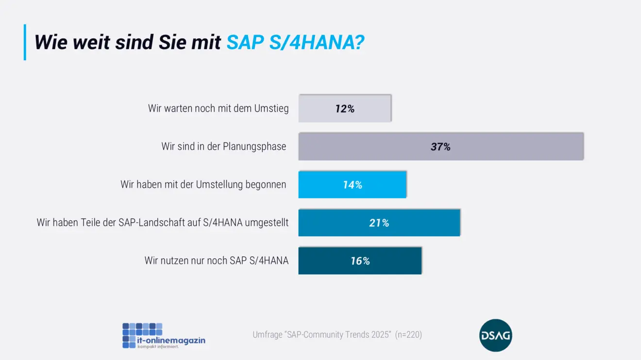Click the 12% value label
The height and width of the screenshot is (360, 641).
pos(345,109)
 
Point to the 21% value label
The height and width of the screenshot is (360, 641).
pos(379,223)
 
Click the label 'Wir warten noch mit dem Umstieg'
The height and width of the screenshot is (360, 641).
pos(218,108)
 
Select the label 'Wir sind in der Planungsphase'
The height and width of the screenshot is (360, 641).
pos(224,146)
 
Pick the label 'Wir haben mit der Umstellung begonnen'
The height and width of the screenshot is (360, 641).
pos(203,185)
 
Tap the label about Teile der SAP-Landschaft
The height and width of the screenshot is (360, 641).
pos(163,223)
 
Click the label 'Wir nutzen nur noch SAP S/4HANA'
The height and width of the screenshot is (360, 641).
pos(217,260)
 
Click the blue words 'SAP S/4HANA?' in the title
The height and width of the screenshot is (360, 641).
pos(295,43)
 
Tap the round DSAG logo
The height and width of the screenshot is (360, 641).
pos(495,335)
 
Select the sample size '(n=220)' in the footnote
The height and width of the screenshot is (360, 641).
pos(408,335)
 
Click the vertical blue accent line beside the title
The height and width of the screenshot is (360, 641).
pos(25,42)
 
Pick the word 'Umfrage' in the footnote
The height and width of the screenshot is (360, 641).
pos(266,335)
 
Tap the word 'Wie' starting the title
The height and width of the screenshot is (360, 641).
pos(51,43)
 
